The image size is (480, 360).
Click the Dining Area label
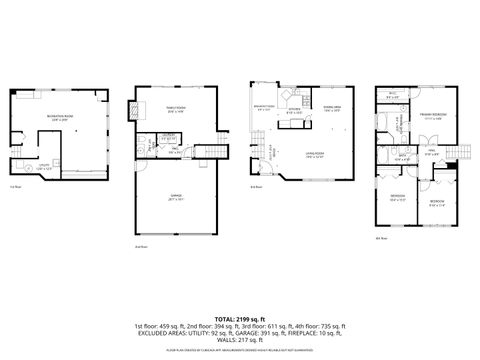[332, 110]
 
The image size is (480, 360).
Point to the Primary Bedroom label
[432, 117]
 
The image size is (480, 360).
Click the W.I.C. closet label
[393, 96]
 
